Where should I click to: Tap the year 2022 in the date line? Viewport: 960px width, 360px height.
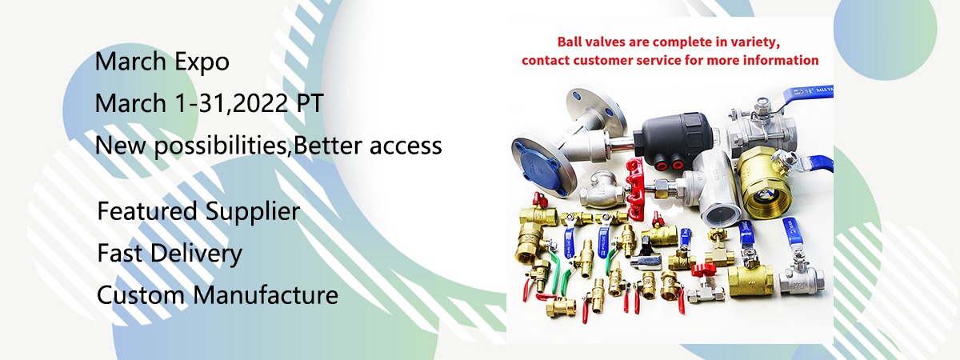(260, 103)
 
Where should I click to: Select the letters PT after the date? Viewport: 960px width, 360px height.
(310, 103)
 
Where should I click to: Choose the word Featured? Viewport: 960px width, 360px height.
(147, 211)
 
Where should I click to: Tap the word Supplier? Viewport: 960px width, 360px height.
(252, 212)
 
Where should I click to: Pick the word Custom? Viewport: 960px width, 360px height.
(141, 295)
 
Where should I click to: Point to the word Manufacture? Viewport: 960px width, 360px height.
(266, 295)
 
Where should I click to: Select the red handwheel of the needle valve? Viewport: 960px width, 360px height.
(634, 189)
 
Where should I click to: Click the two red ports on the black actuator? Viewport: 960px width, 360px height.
(671, 163)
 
